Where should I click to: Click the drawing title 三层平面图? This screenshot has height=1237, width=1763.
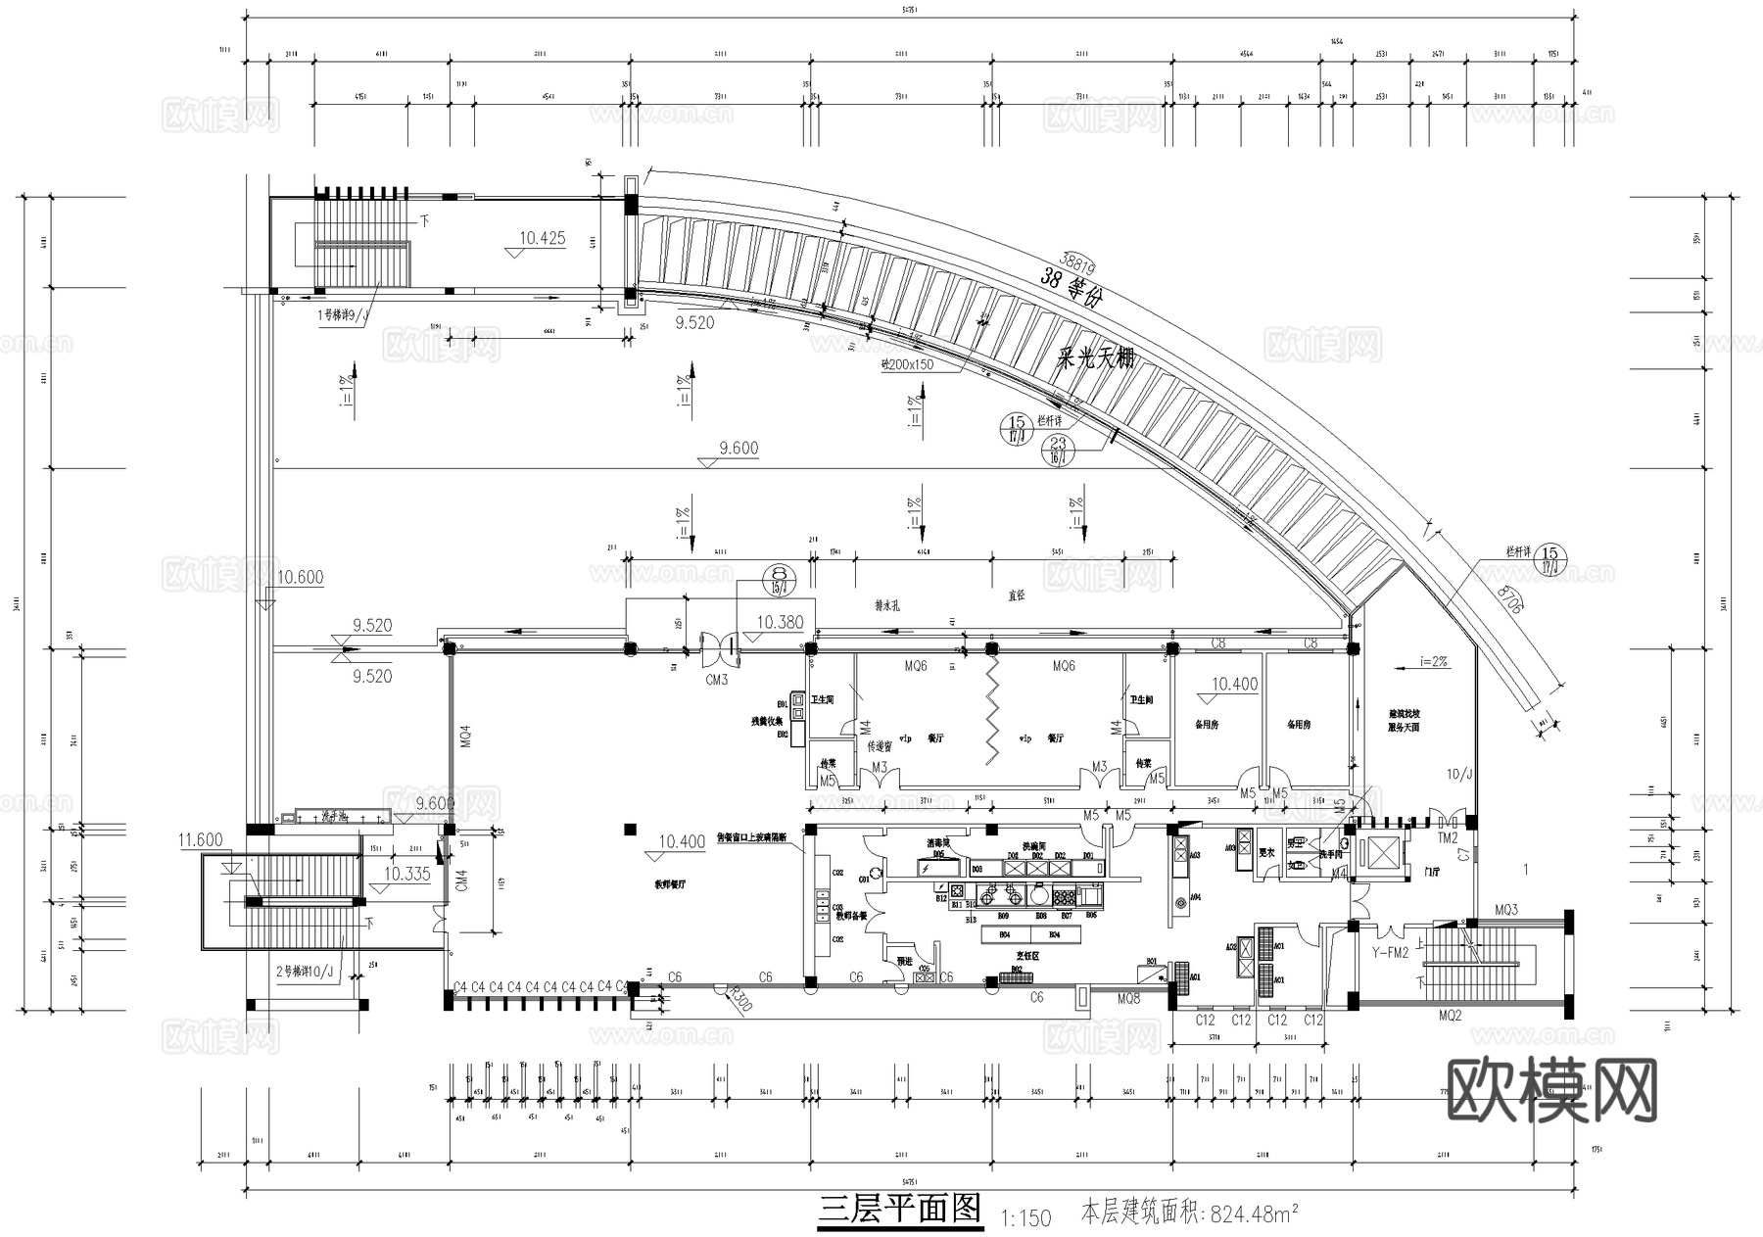pos(900,1209)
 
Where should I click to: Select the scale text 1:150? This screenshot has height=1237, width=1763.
pos(1025,1217)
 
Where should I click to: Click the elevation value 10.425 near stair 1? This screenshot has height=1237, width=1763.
pos(542,238)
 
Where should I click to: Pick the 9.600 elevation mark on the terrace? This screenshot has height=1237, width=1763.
pos(738,449)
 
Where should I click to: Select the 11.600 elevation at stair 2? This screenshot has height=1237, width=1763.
pos(201,840)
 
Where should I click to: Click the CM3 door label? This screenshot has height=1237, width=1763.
pos(716,679)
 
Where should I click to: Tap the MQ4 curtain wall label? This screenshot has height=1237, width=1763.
pos(465,737)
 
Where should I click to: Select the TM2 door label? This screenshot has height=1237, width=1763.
pos(1448,838)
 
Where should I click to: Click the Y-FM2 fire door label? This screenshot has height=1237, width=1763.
pos(1389,951)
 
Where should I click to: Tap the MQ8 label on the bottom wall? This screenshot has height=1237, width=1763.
pos(1128,999)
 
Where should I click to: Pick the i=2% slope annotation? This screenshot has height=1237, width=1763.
pos(1433,662)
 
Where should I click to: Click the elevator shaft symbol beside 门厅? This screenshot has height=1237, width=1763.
pos(1382,852)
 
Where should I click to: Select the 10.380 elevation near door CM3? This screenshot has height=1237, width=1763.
pos(780,622)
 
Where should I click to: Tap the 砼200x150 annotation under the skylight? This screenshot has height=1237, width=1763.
pos(906,364)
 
